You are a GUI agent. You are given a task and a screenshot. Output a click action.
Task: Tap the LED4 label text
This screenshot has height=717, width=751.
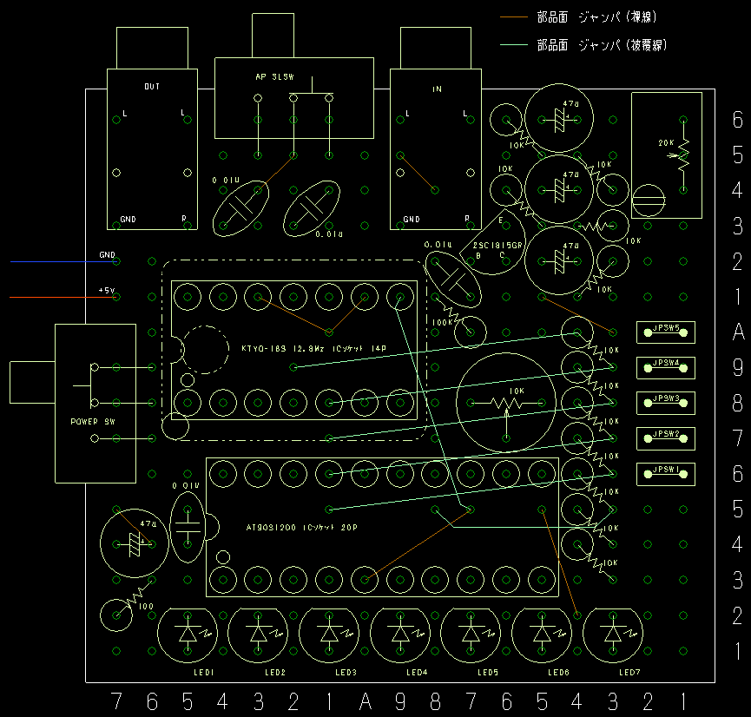(418, 673)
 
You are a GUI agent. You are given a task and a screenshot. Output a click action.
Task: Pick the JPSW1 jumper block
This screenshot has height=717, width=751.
(666, 473)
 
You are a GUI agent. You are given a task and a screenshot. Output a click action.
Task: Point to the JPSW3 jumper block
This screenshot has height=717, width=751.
(666, 402)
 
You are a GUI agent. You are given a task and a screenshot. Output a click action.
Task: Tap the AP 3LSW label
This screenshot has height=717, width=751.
(275, 77)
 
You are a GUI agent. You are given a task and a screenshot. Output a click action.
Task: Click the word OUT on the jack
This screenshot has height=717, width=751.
(152, 86)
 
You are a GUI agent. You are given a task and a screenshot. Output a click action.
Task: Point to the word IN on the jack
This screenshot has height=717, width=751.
(437, 89)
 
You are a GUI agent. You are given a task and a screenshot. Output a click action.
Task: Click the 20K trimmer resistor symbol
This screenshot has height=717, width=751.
(682, 155)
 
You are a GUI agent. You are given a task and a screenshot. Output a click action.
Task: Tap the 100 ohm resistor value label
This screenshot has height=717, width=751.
(147, 606)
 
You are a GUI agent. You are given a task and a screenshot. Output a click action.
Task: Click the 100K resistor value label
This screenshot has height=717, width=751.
(442, 321)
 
